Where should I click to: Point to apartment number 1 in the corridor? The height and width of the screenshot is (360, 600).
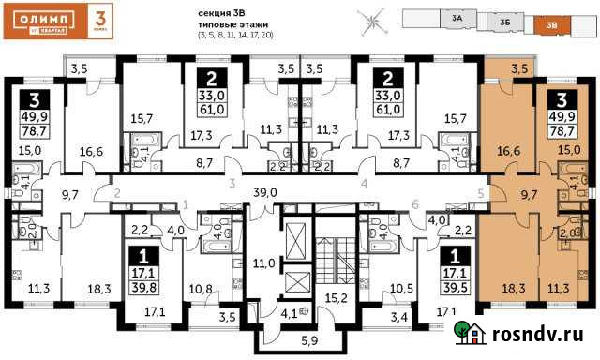pyautogui.click(x=186, y=204)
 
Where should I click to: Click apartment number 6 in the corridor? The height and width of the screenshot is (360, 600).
pyautogui.click(x=413, y=204)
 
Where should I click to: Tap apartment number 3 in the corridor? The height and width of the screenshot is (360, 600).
pyautogui.click(x=230, y=185)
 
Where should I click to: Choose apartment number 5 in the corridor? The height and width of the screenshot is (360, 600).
pyautogui.click(x=479, y=194)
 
